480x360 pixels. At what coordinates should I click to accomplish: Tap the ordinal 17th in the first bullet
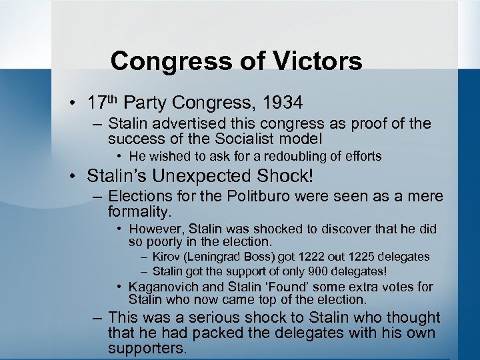coord(103,103)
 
